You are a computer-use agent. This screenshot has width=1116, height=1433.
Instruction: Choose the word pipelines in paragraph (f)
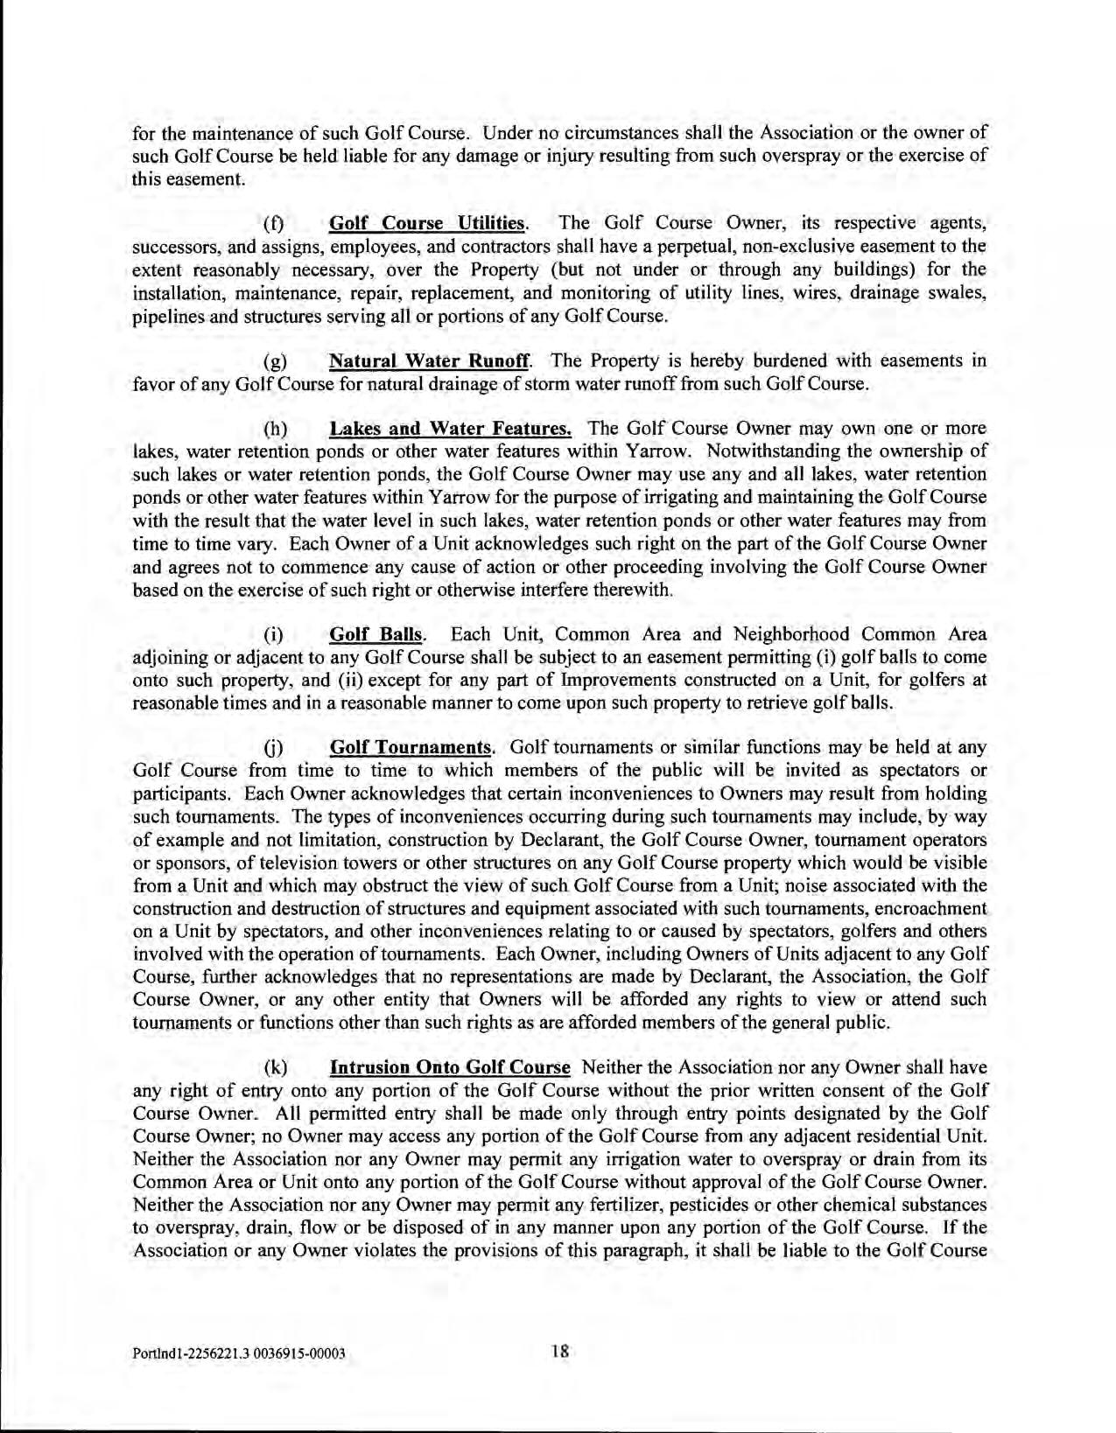pyautogui.click(x=165, y=315)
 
